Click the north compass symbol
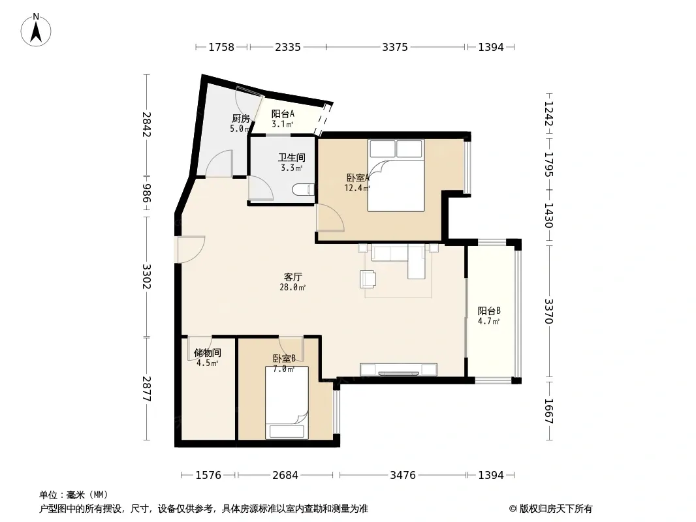point(36,30)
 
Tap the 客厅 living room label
point(293,277)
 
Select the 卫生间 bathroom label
point(292,157)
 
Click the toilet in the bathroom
point(304,190)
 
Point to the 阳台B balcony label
point(489,311)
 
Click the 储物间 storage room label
point(207,353)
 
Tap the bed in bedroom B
point(287,402)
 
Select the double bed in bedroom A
point(396,176)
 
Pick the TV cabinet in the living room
point(399,369)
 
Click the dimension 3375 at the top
point(395,47)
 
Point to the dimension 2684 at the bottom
point(285,476)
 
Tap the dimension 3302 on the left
point(146,276)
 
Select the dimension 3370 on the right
point(549,311)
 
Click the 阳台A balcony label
point(283,114)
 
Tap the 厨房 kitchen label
point(241,118)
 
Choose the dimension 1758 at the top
point(221,47)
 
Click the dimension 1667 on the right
point(549,411)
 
